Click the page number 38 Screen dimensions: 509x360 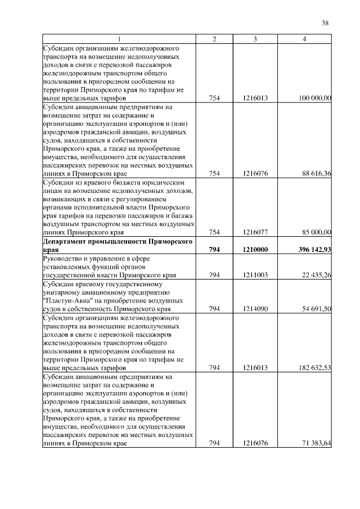(x=325, y=23)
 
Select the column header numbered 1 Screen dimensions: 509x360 (x=119, y=39)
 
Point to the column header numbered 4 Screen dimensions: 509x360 (x=304, y=39)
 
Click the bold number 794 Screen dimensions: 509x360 (x=214, y=249)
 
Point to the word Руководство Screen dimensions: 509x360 (x=63, y=258)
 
